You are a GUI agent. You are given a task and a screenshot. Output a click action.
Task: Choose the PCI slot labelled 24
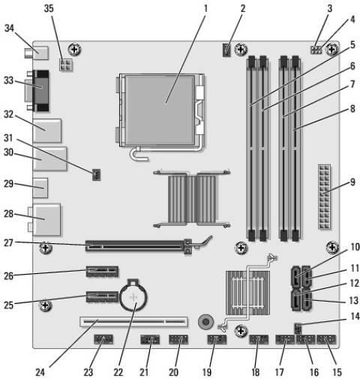pos(130,324)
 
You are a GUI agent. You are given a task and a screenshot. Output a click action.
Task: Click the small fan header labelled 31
pos(96,176)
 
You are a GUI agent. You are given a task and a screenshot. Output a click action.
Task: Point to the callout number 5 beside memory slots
pos(351,44)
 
